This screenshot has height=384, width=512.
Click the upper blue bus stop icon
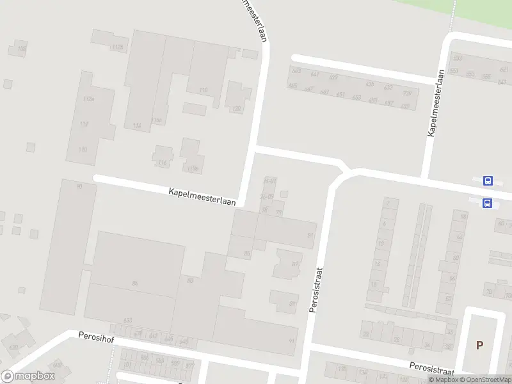tap(488, 180)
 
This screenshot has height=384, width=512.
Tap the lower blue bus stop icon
tap(488, 204)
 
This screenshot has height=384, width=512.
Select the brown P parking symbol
tap(479, 345)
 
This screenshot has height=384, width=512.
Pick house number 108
tap(22, 49)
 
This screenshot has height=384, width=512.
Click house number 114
tap(136, 126)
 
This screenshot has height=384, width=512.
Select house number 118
tap(204, 90)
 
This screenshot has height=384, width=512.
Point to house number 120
tap(236, 109)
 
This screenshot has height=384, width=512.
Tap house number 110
tap(82, 149)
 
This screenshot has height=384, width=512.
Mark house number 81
tap(310, 236)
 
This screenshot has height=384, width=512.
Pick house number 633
tap(128, 320)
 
